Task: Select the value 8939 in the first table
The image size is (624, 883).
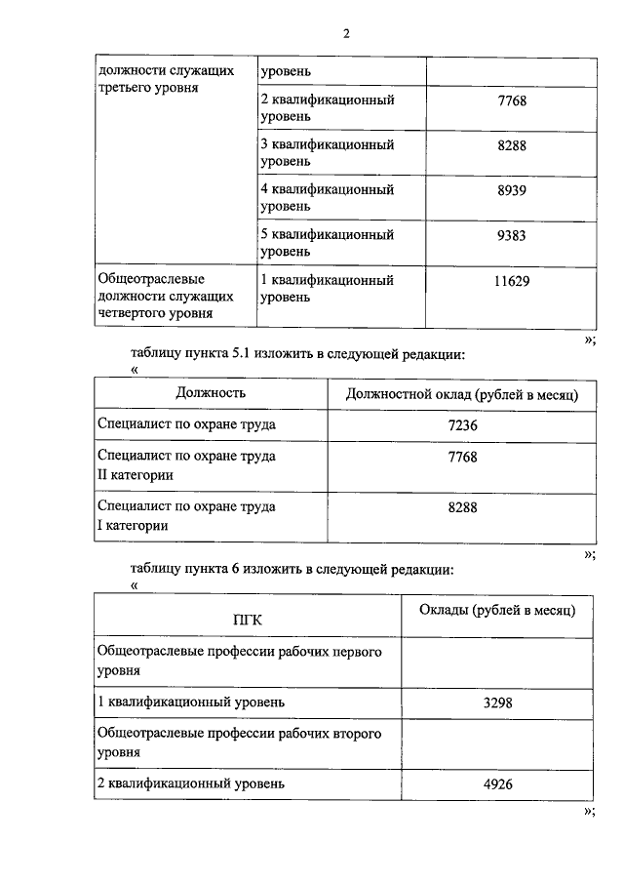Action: pos(511,190)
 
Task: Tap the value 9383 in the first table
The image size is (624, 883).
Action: pos(511,235)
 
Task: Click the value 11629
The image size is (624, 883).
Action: pos(511,281)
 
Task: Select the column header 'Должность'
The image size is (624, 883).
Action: pos(211,393)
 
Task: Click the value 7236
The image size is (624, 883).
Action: pos(462,426)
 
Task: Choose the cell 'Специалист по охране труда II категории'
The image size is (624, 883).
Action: pos(186,464)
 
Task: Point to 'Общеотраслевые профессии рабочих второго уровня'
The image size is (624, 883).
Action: pos(239,743)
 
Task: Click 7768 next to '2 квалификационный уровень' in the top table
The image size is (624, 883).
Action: pos(511,100)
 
